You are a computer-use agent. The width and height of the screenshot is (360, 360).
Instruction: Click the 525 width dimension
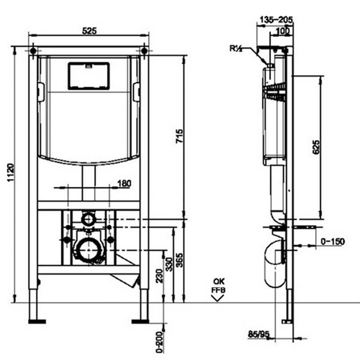[x=89, y=31]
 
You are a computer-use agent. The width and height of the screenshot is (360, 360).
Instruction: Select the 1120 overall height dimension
[x=10, y=172]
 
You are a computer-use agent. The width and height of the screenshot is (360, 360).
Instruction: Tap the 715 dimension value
[x=179, y=136]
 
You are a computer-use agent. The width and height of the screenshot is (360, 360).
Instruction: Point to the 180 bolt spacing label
[x=124, y=184]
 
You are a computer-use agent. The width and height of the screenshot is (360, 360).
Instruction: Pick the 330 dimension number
[x=169, y=264]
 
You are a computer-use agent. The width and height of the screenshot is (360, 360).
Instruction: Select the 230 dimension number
[x=159, y=276]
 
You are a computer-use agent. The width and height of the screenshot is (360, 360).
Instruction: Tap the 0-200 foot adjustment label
[x=159, y=342]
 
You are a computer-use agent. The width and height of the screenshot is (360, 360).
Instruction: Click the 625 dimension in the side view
[x=316, y=147]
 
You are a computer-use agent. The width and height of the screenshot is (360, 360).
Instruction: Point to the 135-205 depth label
[x=276, y=20]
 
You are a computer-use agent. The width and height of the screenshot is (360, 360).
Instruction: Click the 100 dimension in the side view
[x=283, y=31]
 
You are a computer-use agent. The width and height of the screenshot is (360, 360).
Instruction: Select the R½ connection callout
[x=236, y=49]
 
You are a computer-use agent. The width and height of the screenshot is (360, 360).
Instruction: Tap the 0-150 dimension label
[x=333, y=241]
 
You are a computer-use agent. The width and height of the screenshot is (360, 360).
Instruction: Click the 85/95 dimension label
[x=258, y=334]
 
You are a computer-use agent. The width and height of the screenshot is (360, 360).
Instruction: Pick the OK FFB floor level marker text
[x=218, y=286]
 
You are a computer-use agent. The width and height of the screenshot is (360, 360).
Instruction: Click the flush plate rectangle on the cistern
[x=89, y=76]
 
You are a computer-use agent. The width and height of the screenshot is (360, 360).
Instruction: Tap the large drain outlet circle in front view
[x=89, y=250]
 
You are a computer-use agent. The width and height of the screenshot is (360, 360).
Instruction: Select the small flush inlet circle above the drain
[x=88, y=219]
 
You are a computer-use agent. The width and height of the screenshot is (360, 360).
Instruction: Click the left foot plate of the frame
[x=37, y=322]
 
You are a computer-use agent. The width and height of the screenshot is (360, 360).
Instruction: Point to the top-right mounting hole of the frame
[x=144, y=50]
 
